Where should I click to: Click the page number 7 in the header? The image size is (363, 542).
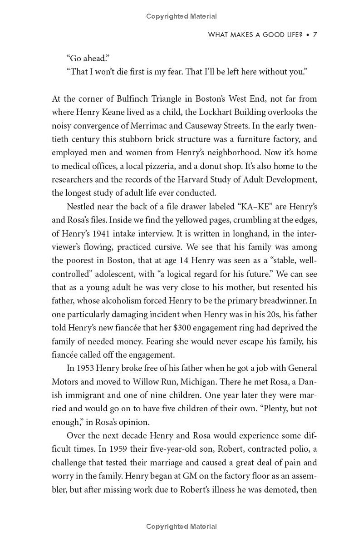(x=314, y=35)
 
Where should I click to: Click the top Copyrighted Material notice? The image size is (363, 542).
(x=181, y=16)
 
